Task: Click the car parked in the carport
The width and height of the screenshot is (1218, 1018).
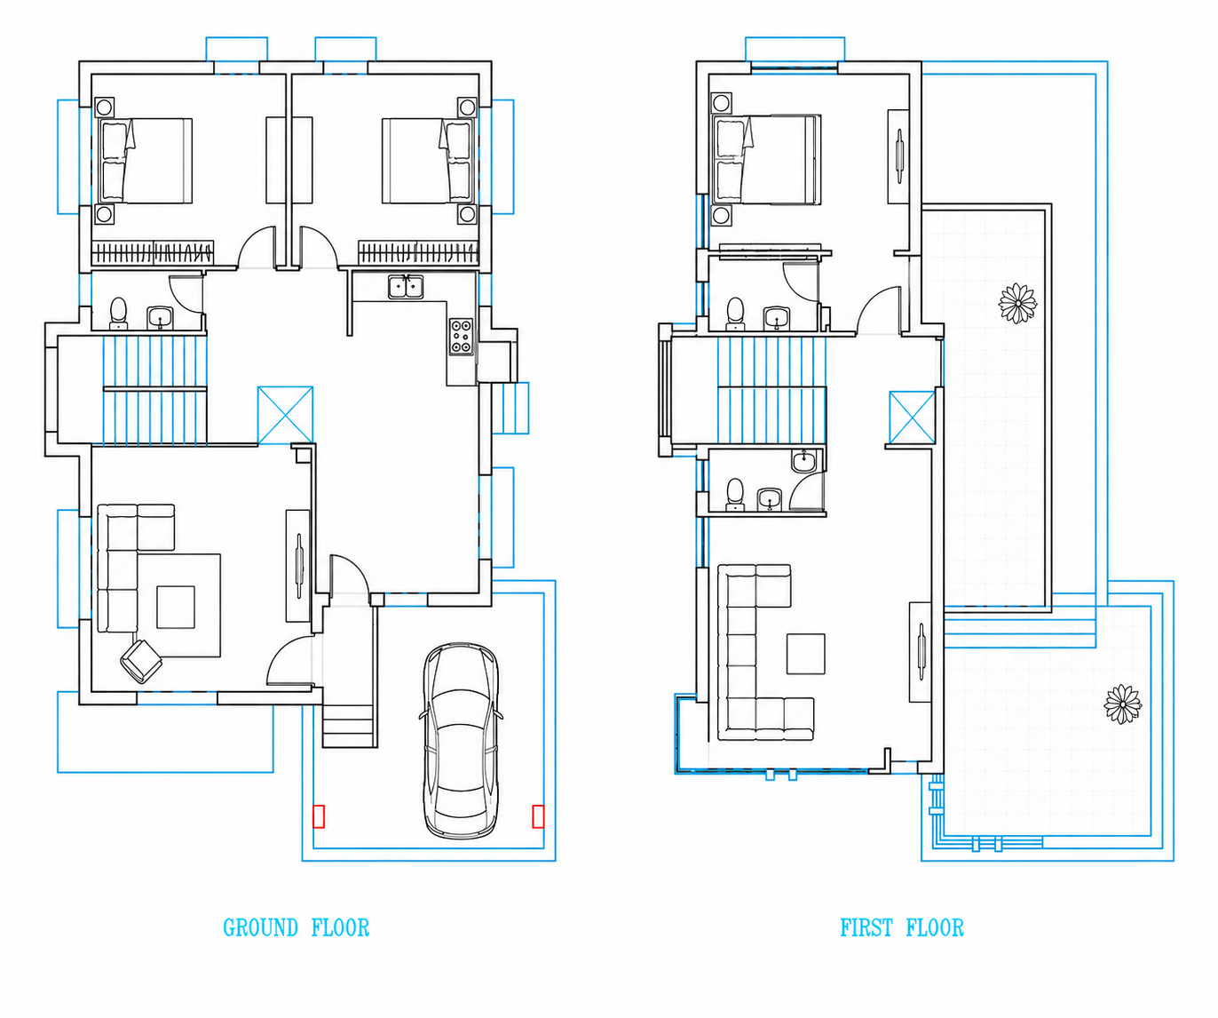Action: click(461, 740)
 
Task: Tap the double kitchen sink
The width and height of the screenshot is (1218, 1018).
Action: click(406, 287)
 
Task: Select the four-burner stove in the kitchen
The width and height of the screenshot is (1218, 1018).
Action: click(461, 336)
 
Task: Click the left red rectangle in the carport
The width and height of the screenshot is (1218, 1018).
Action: click(319, 816)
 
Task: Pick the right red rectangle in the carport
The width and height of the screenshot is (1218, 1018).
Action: click(538, 816)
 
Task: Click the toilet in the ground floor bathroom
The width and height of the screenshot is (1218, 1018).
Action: click(118, 314)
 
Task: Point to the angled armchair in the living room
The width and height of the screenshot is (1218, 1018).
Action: click(141, 662)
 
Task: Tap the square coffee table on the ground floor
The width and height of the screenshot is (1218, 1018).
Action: click(176, 607)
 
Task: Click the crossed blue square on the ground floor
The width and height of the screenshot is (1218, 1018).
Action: click(285, 415)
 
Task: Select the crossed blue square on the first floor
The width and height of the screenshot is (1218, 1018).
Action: click(912, 418)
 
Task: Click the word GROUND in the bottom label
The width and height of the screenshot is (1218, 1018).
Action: click(261, 927)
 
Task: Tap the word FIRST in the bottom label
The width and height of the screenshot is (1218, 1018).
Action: click(866, 927)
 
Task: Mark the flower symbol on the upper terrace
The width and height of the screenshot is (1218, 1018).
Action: click(1018, 304)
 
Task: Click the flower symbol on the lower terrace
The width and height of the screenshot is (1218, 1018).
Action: click(1123, 704)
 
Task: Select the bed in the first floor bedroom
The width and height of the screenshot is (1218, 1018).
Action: click(767, 159)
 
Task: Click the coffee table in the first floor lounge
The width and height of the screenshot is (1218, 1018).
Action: click(805, 654)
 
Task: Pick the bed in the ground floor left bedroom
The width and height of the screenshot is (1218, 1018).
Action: click(146, 161)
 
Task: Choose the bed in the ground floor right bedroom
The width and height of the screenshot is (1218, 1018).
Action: click(428, 161)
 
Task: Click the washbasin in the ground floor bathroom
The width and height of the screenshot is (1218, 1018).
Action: click(159, 318)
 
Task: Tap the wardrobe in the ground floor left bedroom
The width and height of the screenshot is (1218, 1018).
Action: click(153, 253)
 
